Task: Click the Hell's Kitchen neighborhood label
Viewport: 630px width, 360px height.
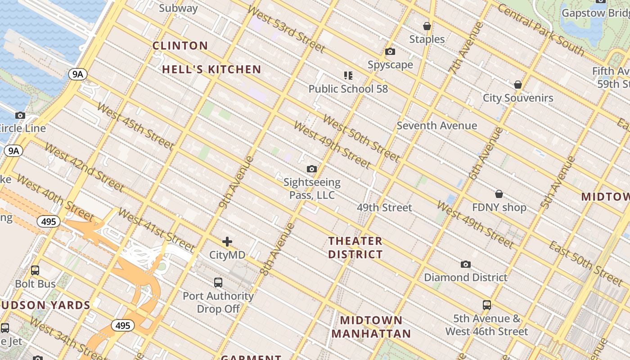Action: coord(211,69)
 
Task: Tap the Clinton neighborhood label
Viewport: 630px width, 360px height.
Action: coord(180,45)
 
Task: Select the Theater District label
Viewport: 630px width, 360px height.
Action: coord(355,247)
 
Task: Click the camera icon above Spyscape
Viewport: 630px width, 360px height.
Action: coord(390,52)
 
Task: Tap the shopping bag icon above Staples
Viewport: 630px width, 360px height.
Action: coord(427,26)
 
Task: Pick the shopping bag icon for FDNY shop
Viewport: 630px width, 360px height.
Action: coord(499,194)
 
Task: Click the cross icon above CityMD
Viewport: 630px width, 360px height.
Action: coord(227,242)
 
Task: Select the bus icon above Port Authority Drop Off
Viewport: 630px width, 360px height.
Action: coord(218,283)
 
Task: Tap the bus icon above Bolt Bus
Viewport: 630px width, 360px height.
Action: coord(35,270)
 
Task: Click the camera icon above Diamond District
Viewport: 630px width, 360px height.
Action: coord(466,264)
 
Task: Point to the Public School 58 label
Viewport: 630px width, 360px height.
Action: coord(348,89)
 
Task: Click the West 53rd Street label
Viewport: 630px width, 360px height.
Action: coord(286,29)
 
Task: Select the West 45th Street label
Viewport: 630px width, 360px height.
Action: coord(135,126)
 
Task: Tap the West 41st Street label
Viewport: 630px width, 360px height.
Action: coord(156,230)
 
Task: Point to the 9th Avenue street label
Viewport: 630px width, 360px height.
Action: coord(236,182)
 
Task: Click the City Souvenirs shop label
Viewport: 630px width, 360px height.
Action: coord(518,98)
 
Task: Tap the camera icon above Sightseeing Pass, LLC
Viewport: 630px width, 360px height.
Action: coord(311,169)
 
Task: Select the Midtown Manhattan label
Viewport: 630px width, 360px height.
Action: coord(371,327)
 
